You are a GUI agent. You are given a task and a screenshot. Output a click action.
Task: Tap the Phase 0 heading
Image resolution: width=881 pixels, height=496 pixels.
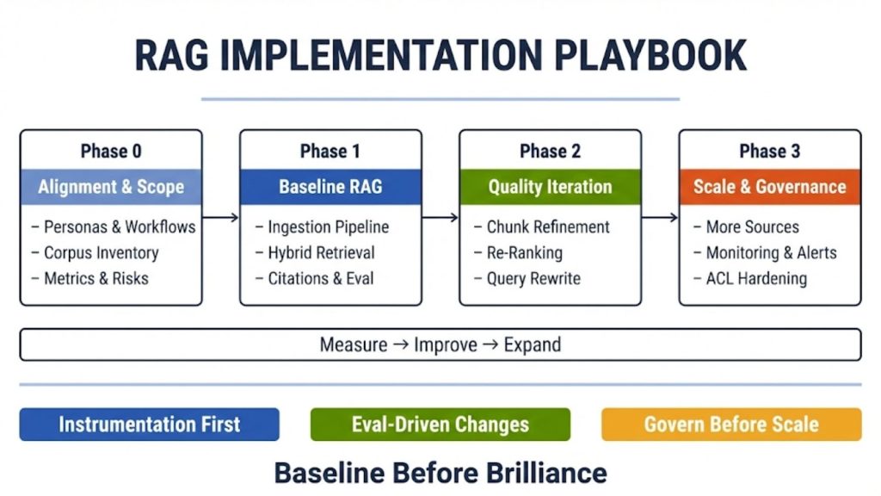coord(111,152)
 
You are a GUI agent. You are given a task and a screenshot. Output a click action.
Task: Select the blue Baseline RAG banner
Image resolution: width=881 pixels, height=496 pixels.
coord(330,187)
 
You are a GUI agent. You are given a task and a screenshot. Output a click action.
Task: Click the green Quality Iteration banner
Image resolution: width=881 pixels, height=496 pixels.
coord(550,187)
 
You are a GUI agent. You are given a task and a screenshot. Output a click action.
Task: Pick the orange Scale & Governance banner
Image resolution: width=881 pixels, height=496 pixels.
coord(770,187)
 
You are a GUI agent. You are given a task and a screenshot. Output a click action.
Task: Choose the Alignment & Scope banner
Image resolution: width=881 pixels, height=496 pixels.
coord(111,187)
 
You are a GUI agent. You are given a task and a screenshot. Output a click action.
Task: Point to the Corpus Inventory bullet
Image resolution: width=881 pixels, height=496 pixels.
coord(101,253)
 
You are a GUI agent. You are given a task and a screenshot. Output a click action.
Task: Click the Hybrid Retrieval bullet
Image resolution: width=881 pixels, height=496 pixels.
coord(321,253)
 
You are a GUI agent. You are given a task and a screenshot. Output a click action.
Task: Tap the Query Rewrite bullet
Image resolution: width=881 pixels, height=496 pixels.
coord(533,279)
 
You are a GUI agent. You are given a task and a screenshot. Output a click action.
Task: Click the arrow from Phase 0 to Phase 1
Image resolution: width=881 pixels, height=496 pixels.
coord(221,218)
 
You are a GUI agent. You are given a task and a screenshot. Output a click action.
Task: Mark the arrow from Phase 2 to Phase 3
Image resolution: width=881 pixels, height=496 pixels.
coord(660,218)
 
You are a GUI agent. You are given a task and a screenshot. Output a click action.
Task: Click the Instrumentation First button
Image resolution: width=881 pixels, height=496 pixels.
coord(150,425)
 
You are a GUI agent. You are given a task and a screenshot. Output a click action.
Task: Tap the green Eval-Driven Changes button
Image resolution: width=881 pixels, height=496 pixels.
coord(440,425)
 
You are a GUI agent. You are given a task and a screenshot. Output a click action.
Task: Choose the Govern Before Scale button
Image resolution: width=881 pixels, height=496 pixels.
coord(731,425)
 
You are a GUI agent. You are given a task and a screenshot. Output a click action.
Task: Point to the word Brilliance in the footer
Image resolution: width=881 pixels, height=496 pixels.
coord(533,473)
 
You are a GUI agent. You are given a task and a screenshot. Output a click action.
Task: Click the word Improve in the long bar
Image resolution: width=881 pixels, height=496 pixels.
coord(445,345)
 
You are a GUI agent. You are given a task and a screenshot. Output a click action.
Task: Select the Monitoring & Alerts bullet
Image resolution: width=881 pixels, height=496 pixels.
coord(771,253)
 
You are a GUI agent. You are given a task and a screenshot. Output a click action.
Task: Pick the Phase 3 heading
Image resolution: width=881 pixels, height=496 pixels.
coord(770,152)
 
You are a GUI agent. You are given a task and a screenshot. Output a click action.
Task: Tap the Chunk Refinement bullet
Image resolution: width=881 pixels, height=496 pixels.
coord(548,227)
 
